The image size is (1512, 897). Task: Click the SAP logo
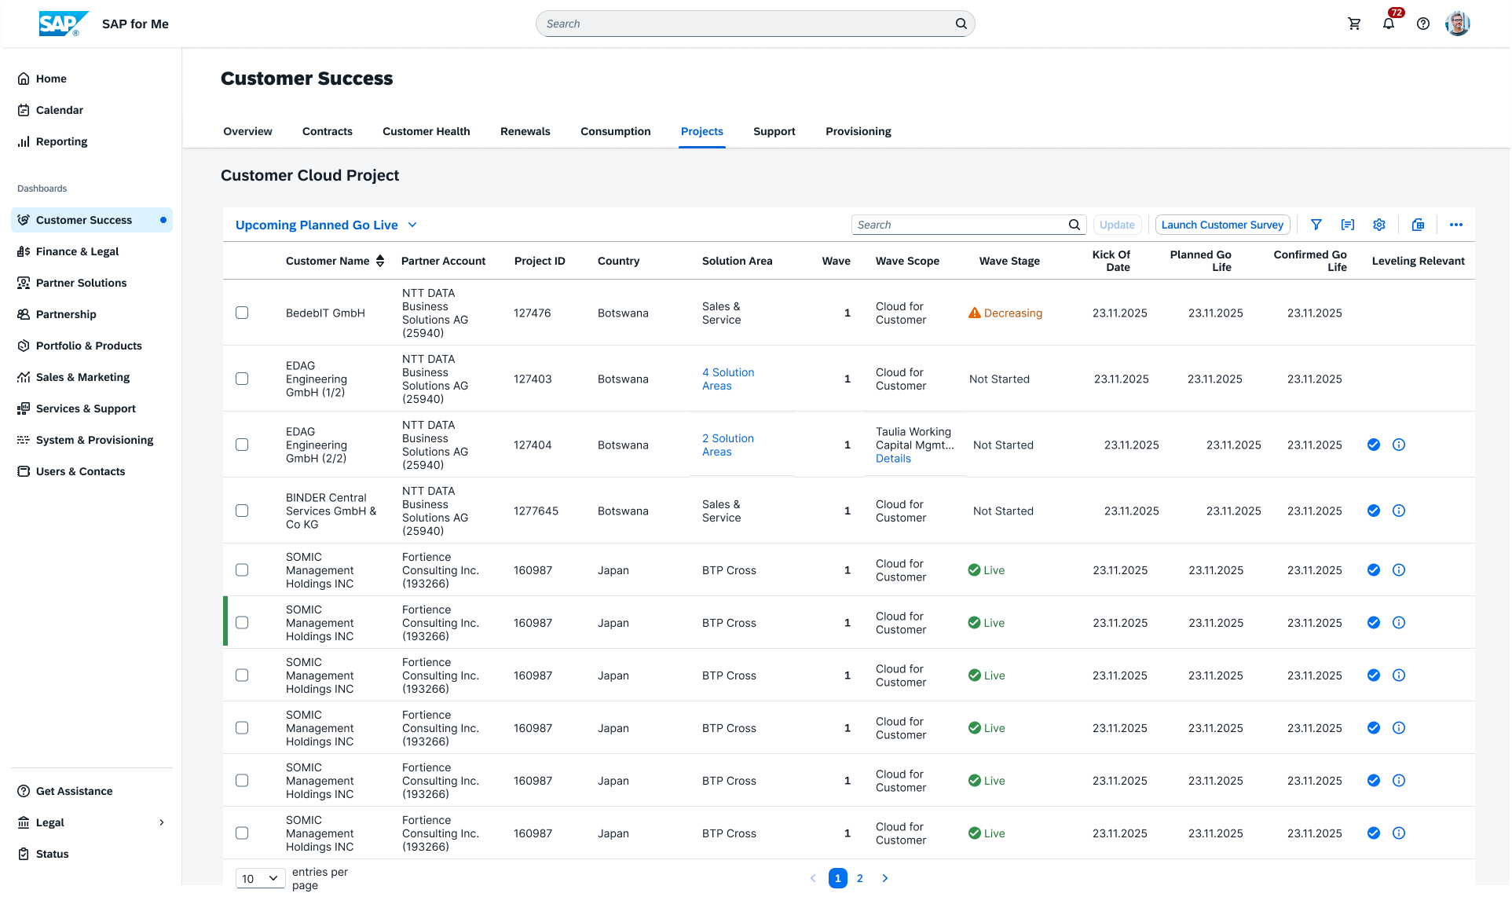63,24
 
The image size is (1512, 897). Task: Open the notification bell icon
1389,24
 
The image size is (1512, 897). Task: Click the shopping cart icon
1354,24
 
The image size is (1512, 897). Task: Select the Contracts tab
328,131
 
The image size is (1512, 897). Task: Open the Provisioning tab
859,131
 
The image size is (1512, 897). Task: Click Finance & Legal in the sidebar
77,251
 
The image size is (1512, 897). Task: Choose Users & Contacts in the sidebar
80,471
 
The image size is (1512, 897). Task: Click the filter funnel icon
1316,225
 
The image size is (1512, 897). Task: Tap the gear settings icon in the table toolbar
1379,225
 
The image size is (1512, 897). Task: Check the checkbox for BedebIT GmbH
242,313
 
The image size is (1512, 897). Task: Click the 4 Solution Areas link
728,379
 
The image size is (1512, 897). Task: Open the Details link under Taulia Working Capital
893,459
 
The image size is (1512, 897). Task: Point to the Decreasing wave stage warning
1005,313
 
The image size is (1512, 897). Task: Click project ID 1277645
536,511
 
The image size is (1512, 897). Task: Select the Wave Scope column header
907,261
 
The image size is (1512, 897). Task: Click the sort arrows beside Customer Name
380,261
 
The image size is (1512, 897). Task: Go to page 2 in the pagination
860,878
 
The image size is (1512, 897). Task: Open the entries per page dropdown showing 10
260,878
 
